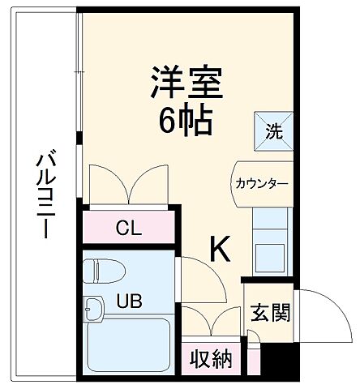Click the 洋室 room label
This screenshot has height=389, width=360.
click(x=186, y=82)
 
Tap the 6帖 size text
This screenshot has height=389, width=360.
click(x=185, y=122)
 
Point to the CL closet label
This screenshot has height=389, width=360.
click(x=126, y=227)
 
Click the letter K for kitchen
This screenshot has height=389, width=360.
click(x=220, y=250)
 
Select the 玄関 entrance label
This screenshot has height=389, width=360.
click(x=270, y=312)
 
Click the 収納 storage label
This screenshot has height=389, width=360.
click(x=210, y=357)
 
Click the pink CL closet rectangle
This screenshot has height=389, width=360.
click(x=128, y=227)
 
